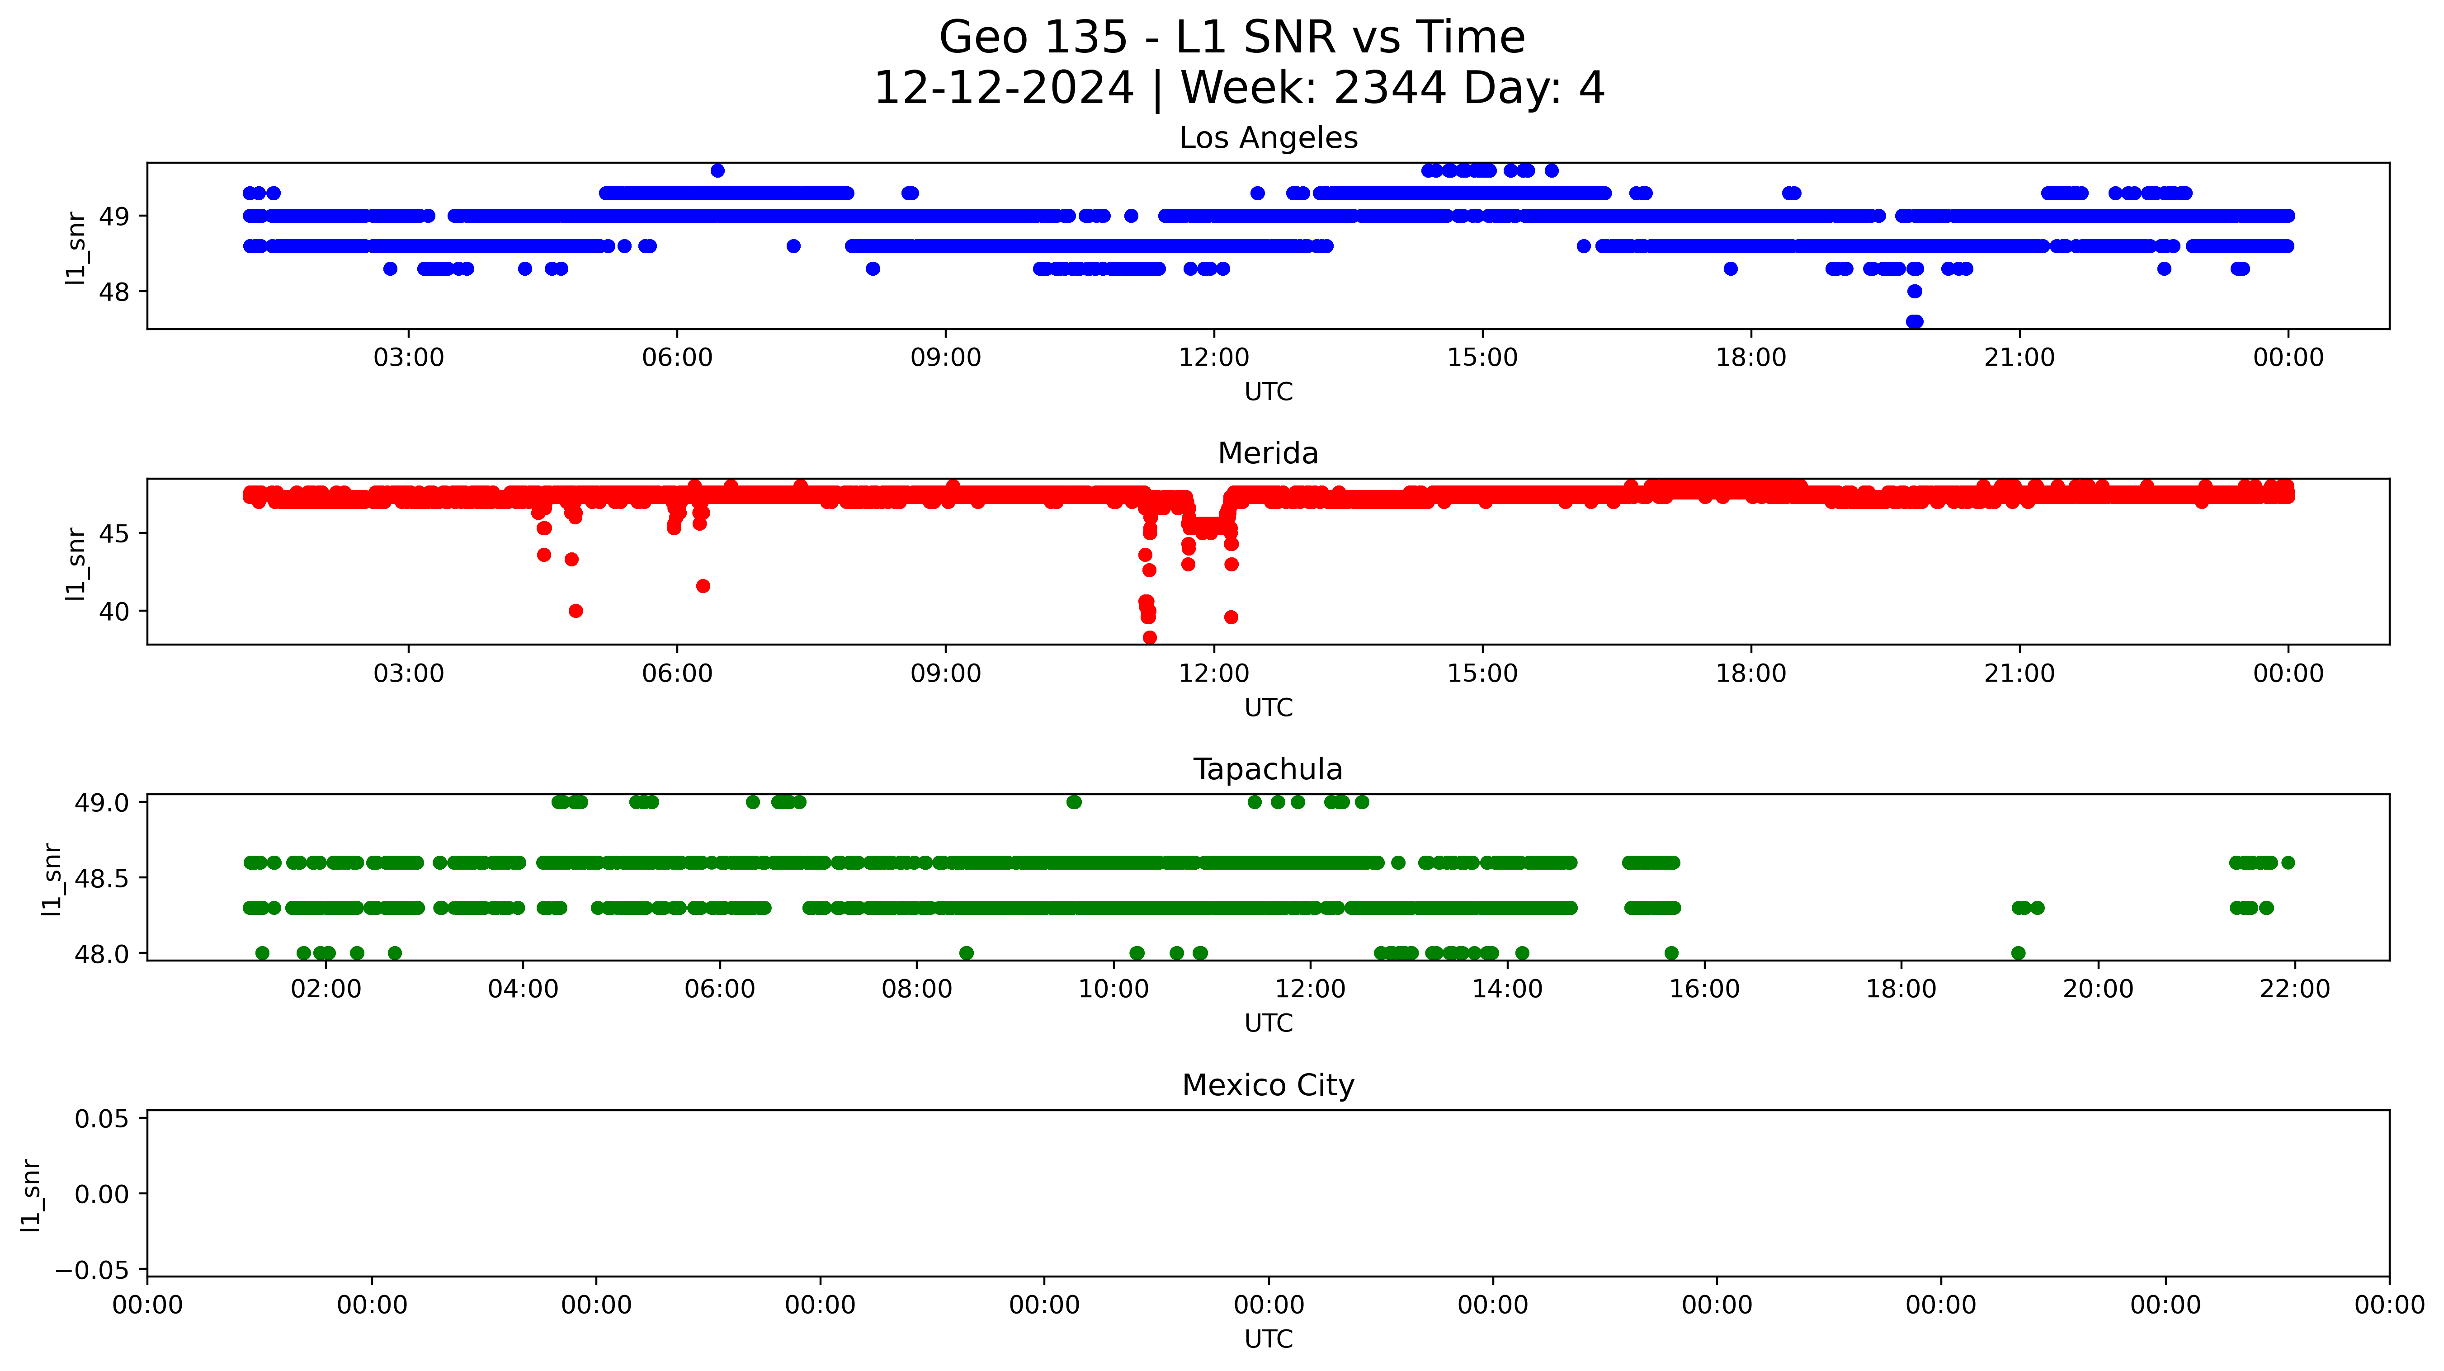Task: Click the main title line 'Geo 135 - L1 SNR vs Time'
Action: pos(1231,38)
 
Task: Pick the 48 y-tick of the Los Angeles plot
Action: pos(114,292)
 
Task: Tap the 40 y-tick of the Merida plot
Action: pos(114,612)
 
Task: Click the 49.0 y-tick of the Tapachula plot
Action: pos(102,803)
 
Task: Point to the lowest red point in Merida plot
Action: pos(1150,638)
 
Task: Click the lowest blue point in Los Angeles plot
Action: pos(1915,322)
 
